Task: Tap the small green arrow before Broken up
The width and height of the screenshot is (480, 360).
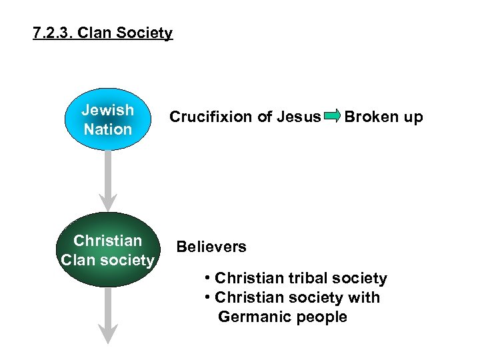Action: tap(332, 117)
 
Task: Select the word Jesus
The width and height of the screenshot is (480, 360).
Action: tap(299, 117)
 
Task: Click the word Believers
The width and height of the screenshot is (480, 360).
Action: tap(211, 247)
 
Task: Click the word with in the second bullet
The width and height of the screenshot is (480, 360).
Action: tap(366, 297)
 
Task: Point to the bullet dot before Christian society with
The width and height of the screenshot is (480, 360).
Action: tap(209, 297)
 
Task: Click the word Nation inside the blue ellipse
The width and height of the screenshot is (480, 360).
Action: tap(107, 129)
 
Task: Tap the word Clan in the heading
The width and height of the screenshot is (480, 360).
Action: tap(93, 33)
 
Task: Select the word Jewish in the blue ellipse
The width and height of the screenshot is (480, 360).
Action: tap(107, 110)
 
